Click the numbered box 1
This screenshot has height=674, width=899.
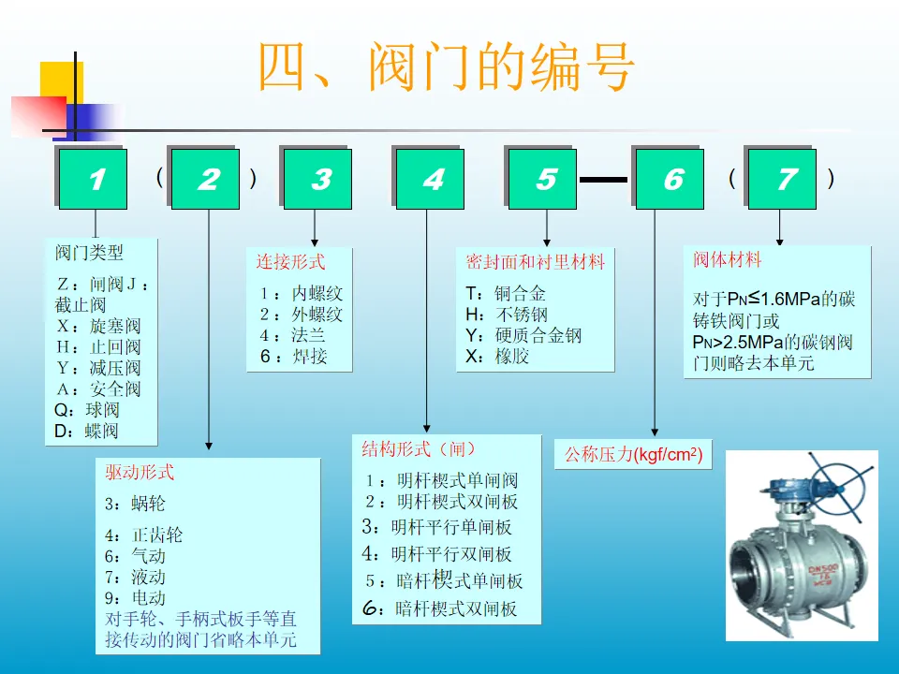95,180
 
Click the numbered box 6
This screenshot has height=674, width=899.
672,180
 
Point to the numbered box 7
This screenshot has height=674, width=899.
785,180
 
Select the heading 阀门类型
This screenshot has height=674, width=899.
89,253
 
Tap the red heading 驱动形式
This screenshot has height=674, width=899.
140,473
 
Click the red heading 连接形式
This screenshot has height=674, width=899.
290,262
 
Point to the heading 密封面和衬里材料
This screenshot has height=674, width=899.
536,262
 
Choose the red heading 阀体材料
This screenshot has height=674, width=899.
728,259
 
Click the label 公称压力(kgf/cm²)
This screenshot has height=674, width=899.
632,456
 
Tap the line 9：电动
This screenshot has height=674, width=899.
135,597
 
